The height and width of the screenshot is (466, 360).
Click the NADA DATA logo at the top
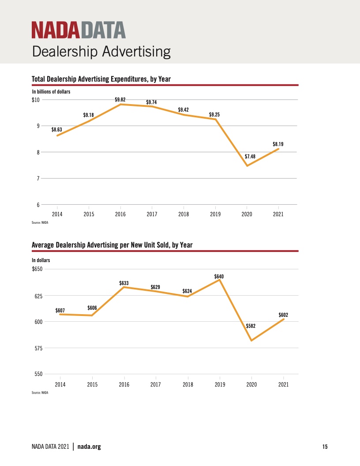coord(79,30)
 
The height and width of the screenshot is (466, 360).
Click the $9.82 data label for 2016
coord(120,100)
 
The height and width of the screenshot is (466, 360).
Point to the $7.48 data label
coord(250,156)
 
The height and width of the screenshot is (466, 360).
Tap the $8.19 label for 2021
coord(278,144)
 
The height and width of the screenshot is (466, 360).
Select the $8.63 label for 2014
coord(57,130)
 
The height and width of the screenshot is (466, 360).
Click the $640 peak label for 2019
coord(219,276)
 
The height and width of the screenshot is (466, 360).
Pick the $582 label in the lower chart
coord(251,326)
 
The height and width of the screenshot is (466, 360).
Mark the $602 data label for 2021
coord(283,315)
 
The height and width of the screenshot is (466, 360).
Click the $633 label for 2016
coord(124,283)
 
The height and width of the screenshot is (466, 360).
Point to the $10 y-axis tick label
coord(36,100)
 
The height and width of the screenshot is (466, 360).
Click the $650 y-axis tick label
coord(37,269)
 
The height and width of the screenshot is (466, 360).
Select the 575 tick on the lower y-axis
coord(39,348)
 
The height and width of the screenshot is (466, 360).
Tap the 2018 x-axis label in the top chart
coord(184,214)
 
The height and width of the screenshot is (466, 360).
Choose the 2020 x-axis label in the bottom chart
coord(251,384)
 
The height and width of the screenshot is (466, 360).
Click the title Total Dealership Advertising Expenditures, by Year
coord(101,79)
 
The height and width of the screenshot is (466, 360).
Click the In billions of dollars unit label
coord(51,91)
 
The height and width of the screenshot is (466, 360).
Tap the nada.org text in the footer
coord(89,447)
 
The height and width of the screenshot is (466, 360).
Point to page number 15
coord(325,447)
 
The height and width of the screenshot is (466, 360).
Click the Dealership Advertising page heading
coord(101,52)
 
